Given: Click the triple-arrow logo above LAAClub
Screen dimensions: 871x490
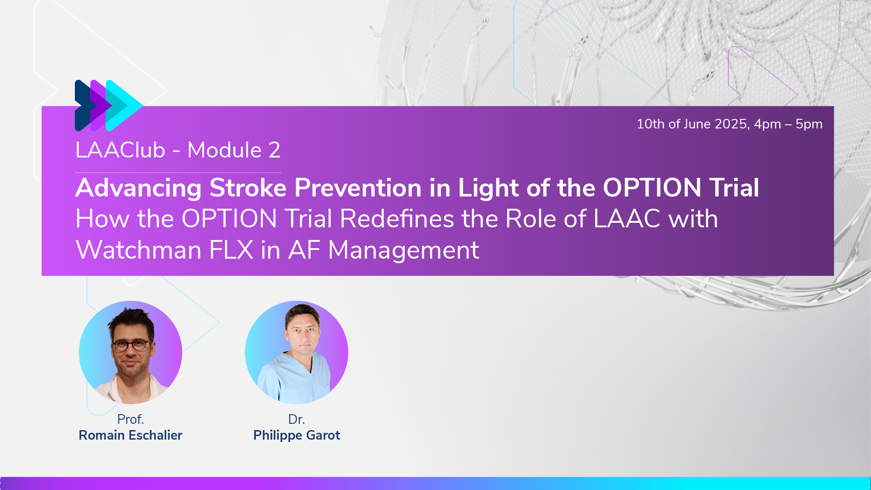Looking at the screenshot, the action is tap(109, 106).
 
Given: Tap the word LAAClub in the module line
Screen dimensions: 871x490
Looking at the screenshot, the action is tap(120, 150).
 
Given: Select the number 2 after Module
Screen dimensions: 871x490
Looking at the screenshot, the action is tap(274, 150).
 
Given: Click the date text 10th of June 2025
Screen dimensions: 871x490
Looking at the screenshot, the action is tap(693, 124).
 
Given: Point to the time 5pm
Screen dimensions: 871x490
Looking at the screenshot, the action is tap(809, 124).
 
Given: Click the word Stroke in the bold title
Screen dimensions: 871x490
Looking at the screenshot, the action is tap(248, 188).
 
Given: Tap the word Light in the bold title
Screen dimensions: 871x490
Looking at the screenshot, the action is tap(488, 188).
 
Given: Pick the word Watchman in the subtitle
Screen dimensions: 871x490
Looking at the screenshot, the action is tap(139, 250).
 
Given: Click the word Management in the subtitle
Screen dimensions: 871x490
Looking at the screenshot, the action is tap(403, 250).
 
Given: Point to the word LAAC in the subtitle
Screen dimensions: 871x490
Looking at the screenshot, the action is tap(627, 219).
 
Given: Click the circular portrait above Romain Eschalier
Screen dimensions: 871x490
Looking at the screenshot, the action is tap(131, 353).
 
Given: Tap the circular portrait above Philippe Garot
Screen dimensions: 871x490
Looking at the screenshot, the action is tap(297, 353).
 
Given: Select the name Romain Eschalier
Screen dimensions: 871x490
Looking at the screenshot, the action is tap(131, 435).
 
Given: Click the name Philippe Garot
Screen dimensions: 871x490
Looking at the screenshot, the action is tap(297, 436).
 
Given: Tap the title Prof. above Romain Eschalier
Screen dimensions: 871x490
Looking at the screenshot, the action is tap(131, 419).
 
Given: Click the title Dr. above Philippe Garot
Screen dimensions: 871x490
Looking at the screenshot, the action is tap(297, 419).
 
